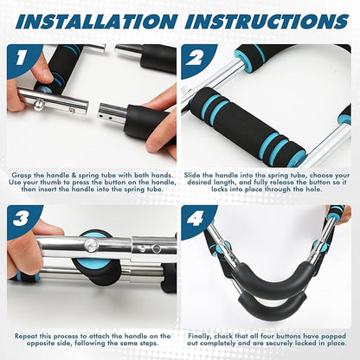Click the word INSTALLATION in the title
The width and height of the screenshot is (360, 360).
pos(97,21)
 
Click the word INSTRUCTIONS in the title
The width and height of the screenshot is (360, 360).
pos(267,21)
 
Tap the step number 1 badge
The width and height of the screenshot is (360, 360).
pos(21,58)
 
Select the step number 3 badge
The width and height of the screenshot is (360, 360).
pos(21,219)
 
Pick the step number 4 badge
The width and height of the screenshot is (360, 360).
pos(196,220)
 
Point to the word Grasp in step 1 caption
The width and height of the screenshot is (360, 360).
pos(20,176)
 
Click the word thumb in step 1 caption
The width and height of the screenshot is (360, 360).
pos(49,183)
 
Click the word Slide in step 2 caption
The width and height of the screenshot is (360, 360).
pos(192,175)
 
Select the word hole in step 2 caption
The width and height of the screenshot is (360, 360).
pos(313,190)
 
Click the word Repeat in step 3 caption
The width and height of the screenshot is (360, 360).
pos(26,336)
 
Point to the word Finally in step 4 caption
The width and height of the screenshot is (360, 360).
pos(200,336)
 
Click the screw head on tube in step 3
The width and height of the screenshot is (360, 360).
pos(92,246)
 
